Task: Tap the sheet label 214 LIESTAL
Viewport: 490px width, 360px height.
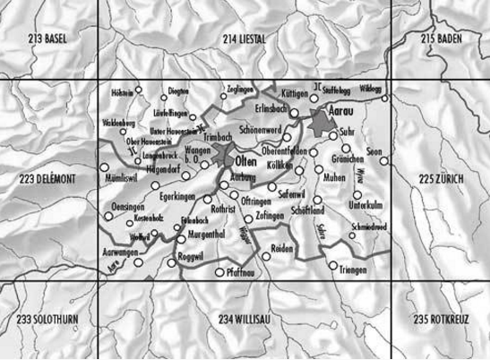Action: (x=245, y=40)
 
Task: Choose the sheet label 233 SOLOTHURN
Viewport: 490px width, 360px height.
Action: (x=52, y=320)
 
